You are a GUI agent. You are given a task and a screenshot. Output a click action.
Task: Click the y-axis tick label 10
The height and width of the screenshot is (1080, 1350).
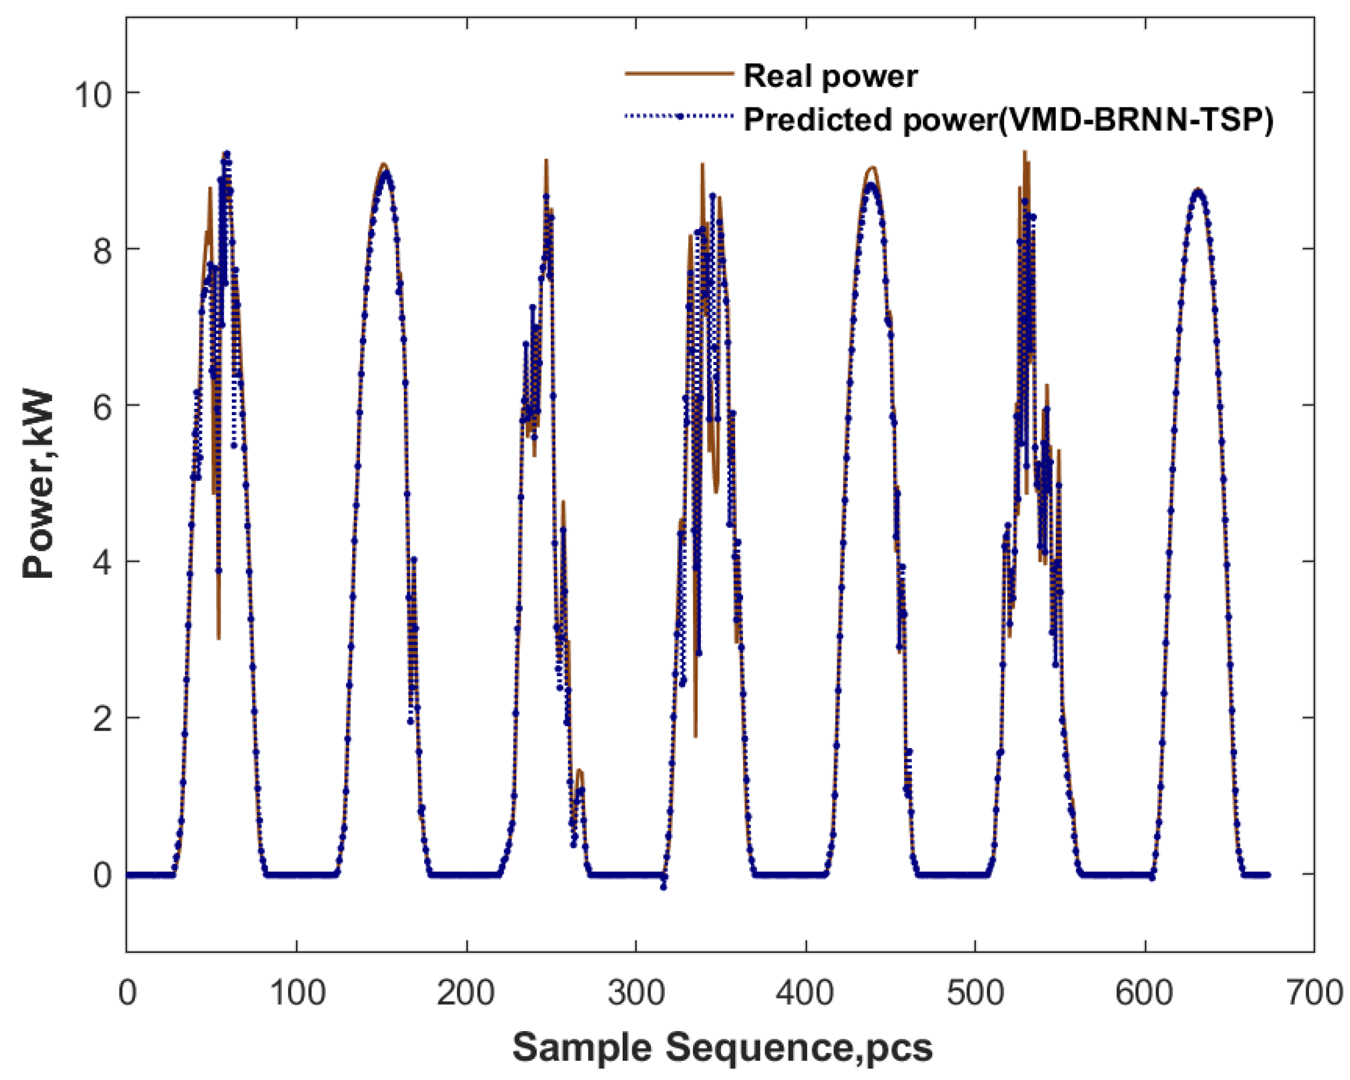[x=93, y=94]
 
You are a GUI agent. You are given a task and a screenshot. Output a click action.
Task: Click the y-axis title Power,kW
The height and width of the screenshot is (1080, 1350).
[x=39, y=485]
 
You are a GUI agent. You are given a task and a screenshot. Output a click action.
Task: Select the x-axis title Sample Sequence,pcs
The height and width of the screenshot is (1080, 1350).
[x=723, y=1047]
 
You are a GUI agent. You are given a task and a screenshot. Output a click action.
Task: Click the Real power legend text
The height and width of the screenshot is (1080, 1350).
[x=830, y=76]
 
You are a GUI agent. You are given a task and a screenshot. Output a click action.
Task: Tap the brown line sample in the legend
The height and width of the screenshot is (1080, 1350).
[x=679, y=74]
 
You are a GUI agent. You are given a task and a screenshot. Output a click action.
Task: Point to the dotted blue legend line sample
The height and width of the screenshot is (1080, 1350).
[x=679, y=116]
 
